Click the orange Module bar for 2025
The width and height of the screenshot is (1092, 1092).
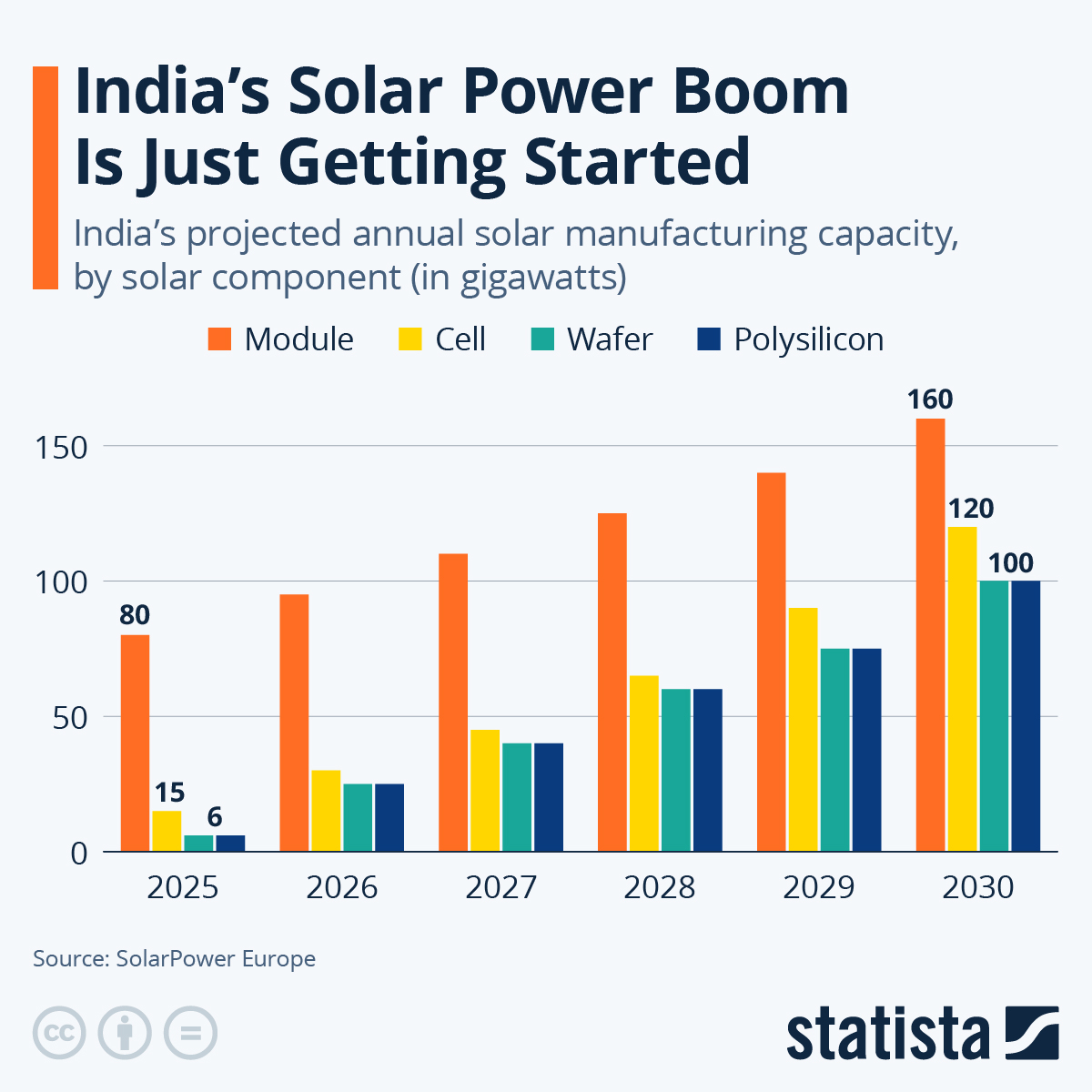pyautogui.click(x=135, y=743)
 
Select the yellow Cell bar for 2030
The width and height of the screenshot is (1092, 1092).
pyautogui.click(x=962, y=689)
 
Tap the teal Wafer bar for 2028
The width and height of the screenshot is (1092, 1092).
pyautogui.click(x=676, y=770)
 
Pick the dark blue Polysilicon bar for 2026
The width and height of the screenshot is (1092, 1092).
pyautogui.click(x=389, y=817)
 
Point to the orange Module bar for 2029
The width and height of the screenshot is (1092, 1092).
pyautogui.click(x=771, y=662)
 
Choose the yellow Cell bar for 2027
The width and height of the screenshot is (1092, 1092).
pyautogui.click(x=485, y=790)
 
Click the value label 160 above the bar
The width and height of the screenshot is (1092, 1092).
pyautogui.click(x=930, y=399)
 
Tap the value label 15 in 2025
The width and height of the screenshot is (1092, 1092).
pyautogui.click(x=169, y=792)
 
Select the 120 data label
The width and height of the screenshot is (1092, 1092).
pyautogui.click(x=971, y=508)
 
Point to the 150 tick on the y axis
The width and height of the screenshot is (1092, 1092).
pyautogui.click(x=63, y=448)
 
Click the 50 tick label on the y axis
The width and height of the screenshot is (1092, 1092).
pyautogui.click(x=71, y=718)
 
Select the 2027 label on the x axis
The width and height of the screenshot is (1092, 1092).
pyautogui.click(x=500, y=887)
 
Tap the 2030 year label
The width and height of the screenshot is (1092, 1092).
pyautogui.click(x=977, y=887)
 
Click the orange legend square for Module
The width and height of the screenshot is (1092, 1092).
pyautogui.click(x=221, y=339)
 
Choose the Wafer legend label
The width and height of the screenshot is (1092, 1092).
pyautogui.click(x=610, y=339)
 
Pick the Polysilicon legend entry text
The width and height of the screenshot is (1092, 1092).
pyautogui.click(x=808, y=339)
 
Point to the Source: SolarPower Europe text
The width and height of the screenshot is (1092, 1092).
pyautogui.click(x=175, y=958)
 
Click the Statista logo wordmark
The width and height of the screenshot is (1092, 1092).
pyautogui.click(x=887, y=1034)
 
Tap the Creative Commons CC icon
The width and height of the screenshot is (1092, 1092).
pyautogui.click(x=59, y=1033)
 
